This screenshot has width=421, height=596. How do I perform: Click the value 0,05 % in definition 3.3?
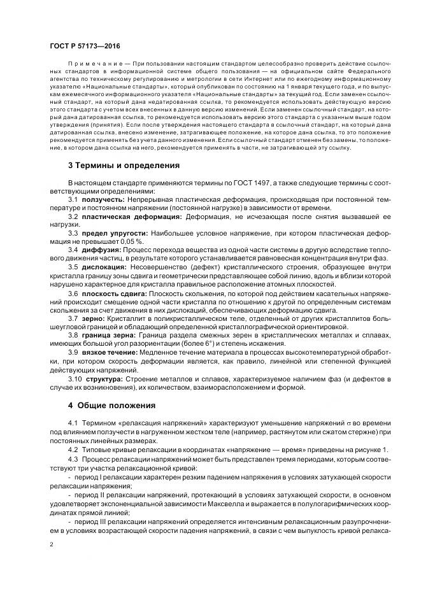[x=130, y=243]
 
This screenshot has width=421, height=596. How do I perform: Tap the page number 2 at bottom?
[x=51, y=544]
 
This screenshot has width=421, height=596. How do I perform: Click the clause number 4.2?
[x=73, y=450]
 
